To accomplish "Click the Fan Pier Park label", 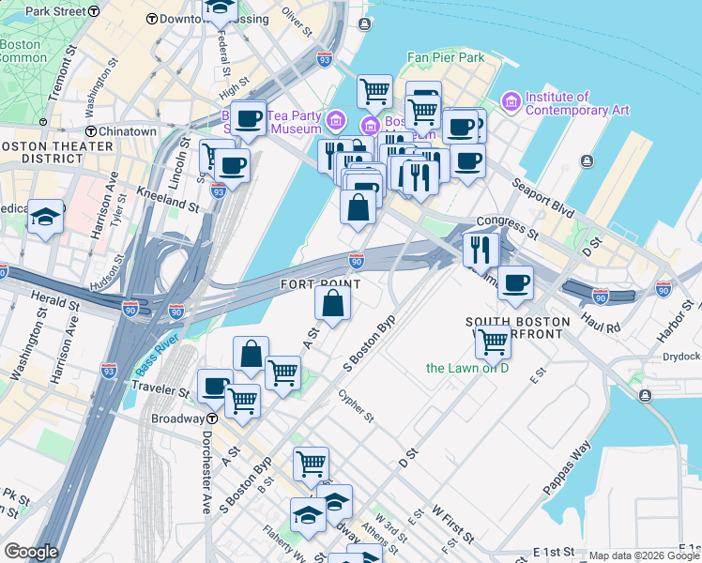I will pos(446,57).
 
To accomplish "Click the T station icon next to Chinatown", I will pos(92,131).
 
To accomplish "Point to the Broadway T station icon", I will pos(212,418).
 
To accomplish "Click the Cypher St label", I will pos(356,405).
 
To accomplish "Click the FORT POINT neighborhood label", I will pos(319,284).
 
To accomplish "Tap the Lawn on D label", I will pos(466,368).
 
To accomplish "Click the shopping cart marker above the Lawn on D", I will pos(493,343).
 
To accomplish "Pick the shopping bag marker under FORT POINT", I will pos(333,303).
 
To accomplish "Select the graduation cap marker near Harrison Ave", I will pos(45,219).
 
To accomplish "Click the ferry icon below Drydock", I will pos(647,395).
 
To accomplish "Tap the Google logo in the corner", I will pos(31,552).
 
